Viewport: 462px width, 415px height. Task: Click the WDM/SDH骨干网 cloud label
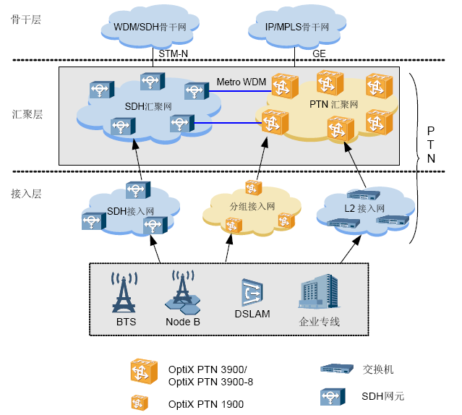(x=150, y=27)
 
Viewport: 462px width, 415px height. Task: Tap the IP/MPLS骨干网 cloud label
(x=297, y=27)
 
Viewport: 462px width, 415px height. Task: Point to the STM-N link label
(x=174, y=54)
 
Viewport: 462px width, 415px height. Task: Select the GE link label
(x=319, y=54)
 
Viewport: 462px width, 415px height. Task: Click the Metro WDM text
(x=241, y=82)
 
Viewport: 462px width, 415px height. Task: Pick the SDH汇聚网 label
(x=148, y=106)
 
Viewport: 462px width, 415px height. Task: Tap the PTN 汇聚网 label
(x=334, y=104)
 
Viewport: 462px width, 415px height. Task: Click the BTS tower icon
(x=124, y=292)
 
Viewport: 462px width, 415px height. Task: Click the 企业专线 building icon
(x=319, y=291)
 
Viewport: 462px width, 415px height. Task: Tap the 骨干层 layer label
(x=25, y=20)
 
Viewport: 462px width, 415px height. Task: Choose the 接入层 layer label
(x=26, y=194)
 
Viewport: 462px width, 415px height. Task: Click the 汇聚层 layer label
(x=27, y=114)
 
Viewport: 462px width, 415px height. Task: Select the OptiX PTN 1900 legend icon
(x=140, y=403)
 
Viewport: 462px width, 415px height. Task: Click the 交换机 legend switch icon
(x=337, y=369)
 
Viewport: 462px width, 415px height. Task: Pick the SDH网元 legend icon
(x=333, y=397)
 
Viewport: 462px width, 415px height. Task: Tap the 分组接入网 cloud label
(x=252, y=207)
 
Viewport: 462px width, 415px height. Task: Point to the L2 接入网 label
(x=364, y=208)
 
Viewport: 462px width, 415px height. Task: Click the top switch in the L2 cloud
(x=364, y=195)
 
